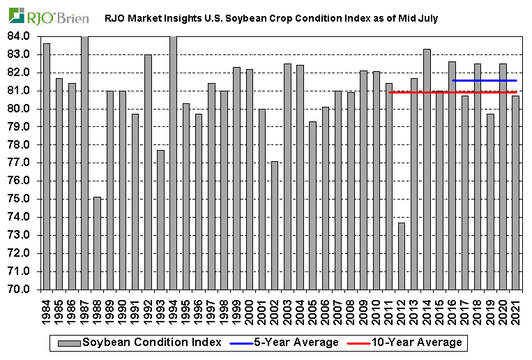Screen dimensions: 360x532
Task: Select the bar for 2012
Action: coord(401,255)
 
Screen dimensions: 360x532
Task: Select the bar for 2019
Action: coord(490,202)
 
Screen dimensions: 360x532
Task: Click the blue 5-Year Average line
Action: coord(484,80)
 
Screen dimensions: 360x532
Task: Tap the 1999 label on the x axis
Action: coord(237,308)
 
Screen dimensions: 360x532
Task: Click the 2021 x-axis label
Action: coord(516,308)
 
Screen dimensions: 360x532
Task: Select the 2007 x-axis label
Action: coord(338,308)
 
